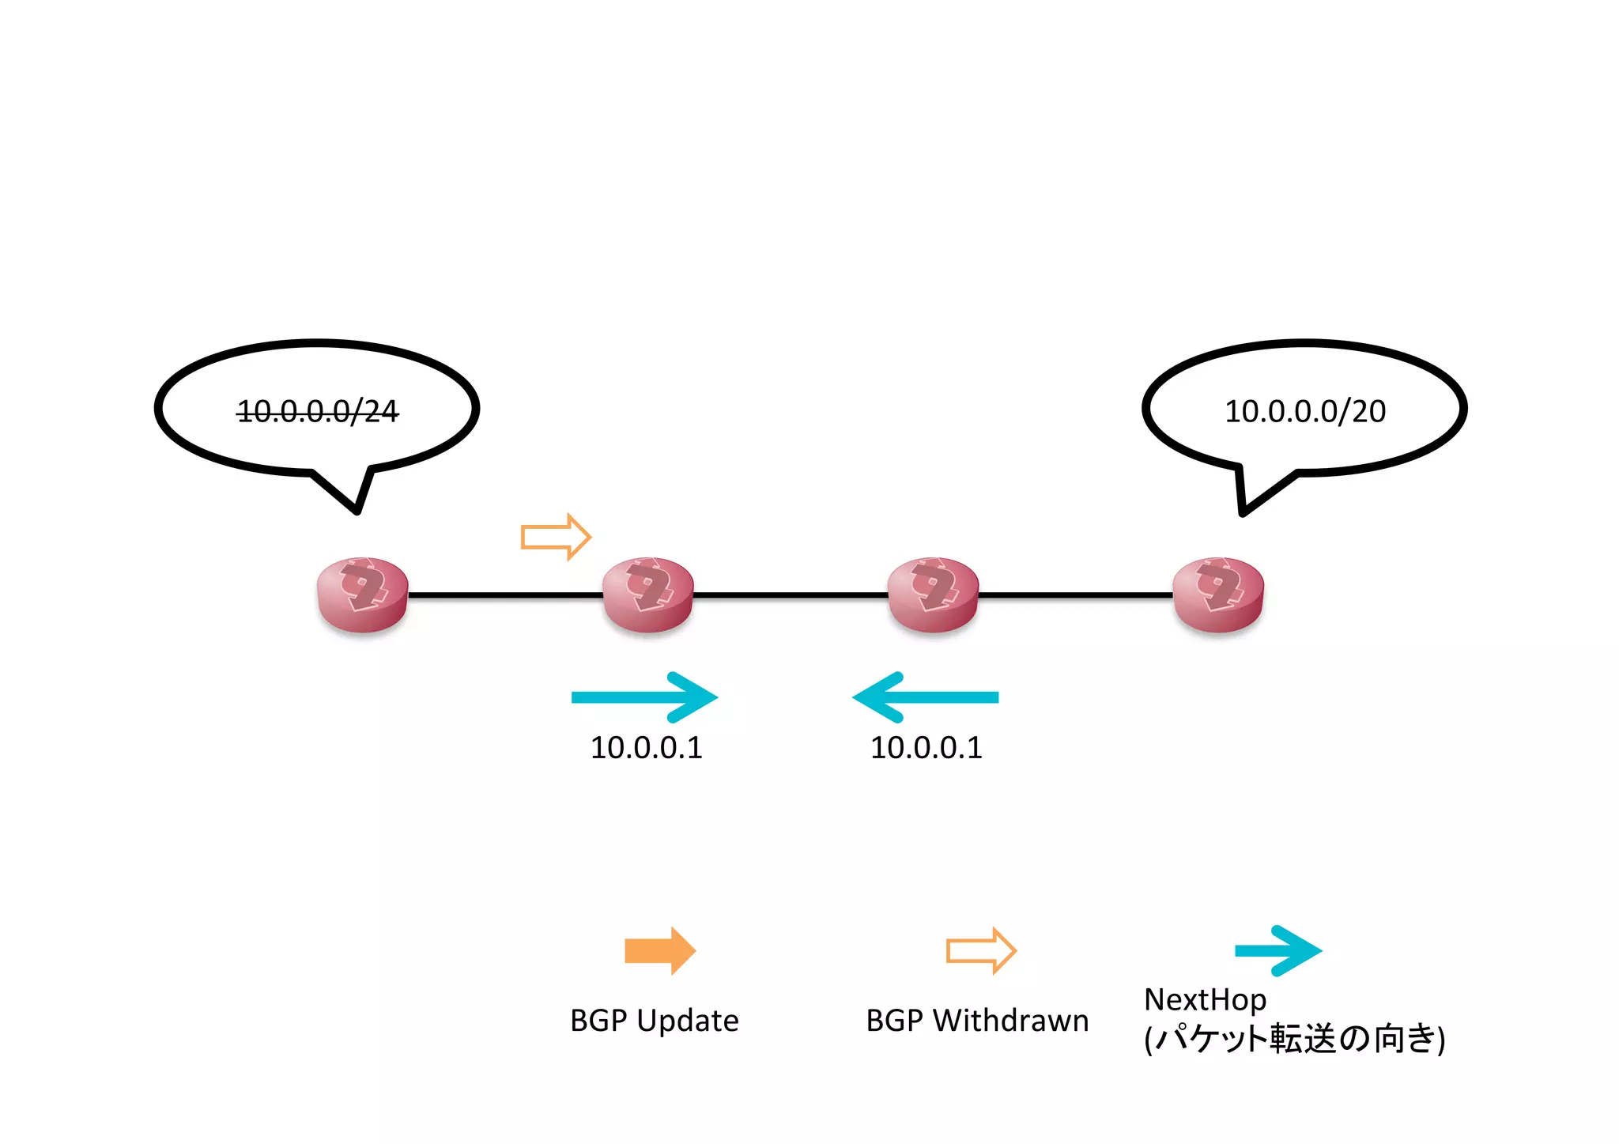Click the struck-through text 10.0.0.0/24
[x=318, y=411]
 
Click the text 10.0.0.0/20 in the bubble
[x=1304, y=411]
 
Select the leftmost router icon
[x=362, y=595]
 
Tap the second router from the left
[x=647, y=595]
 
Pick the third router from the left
[x=933, y=595]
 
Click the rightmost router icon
[x=1218, y=595]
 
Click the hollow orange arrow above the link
[x=556, y=538]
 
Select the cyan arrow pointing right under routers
[x=644, y=697]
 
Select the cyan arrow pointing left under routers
[x=926, y=697]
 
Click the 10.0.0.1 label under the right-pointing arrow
[x=646, y=748]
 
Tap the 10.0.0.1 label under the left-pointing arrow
[x=926, y=748]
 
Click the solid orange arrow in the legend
[x=659, y=950]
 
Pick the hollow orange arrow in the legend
[x=981, y=950]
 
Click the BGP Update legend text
[x=654, y=1021]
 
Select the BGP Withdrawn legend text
[x=977, y=1021]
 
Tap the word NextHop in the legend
[x=1205, y=1000]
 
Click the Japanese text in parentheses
[x=1294, y=1039]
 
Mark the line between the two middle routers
[x=791, y=595]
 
